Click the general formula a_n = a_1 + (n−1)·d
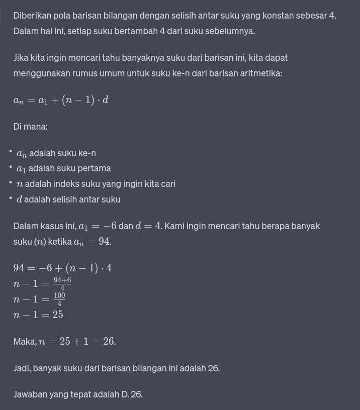[x=61, y=99]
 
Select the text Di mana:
[x=30, y=127]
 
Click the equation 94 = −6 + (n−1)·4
[x=62, y=268]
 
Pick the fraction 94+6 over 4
[x=62, y=284]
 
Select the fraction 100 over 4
[x=59, y=299]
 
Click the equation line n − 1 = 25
[x=38, y=315]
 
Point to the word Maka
[x=24, y=342]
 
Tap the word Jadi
[x=22, y=368]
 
